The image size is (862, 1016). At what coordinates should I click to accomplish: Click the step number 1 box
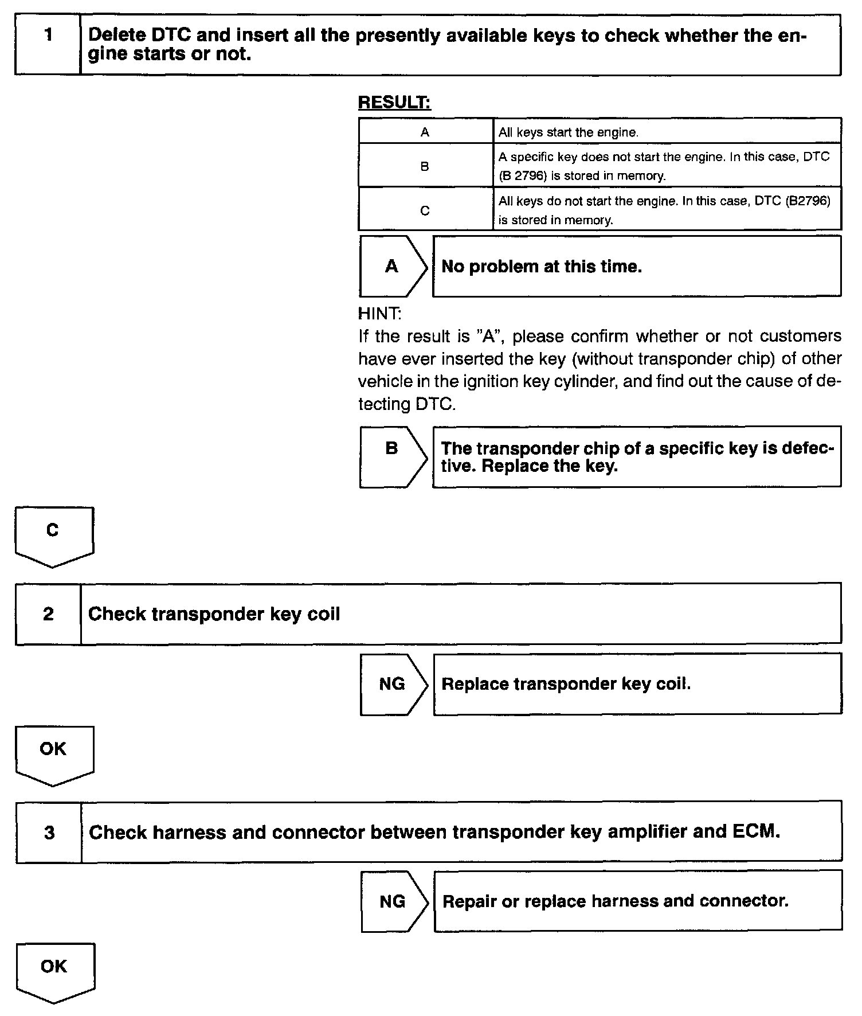pyautogui.click(x=48, y=45)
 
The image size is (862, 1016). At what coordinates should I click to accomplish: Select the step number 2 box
pyautogui.click(x=49, y=614)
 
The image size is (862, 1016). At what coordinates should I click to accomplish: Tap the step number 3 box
pyautogui.click(x=49, y=832)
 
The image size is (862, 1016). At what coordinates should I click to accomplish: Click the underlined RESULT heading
pyautogui.click(x=394, y=103)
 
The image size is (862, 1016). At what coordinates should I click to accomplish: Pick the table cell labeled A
pyautogui.click(x=425, y=132)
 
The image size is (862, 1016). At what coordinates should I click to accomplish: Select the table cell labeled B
pyautogui.click(x=425, y=166)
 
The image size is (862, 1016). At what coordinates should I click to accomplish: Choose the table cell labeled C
pyautogui.click(x=425, y=210)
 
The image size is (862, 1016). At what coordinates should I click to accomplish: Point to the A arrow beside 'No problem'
pyautogui.click(x=393, y=266)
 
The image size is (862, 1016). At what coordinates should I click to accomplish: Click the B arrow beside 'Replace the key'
pyautogui.click(x=393, y=456)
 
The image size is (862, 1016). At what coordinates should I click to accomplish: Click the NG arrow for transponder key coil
pyautogui.click(x=393, y=683)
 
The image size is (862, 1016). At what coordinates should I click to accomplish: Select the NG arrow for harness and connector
pyautogui.click(x=394, y=901)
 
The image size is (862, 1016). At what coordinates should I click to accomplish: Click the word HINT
pyautogui.click(x=379, y=314)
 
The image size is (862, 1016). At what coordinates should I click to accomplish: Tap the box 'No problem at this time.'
pyautogui.click(x=636, y=266)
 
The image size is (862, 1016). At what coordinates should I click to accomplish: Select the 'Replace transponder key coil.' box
pyautogui.click(x=637, y=683)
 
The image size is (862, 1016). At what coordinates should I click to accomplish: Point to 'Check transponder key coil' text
pyautogui.click(x=214, y=614)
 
